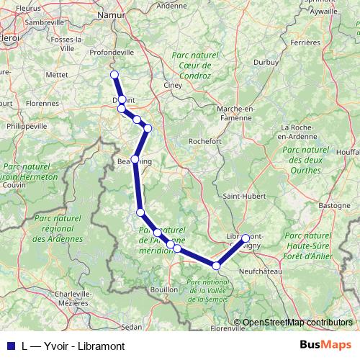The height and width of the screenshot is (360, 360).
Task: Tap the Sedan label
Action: click(x=132, y=326)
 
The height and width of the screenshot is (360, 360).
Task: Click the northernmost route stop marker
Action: click(x=114, y=74)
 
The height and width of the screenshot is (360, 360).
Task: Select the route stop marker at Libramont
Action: click(x=246, y=238)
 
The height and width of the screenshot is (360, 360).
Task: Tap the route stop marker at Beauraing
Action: click(x=135, y=158)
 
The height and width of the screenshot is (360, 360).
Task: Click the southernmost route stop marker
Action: click(x=216, y=266)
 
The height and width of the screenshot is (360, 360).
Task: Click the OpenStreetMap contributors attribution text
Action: click(x=297, y=323)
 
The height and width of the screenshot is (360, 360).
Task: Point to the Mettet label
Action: click(x=57, y=74)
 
